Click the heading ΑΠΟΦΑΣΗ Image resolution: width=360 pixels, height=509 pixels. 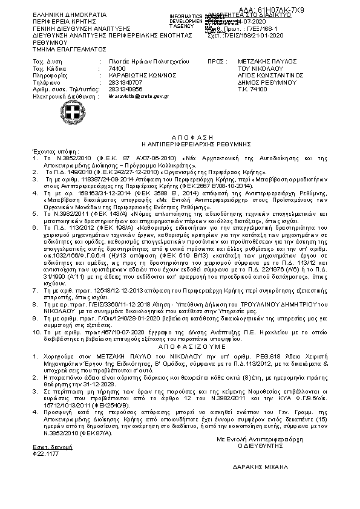coord(180,138)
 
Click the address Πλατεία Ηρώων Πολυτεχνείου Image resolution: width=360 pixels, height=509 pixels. coord(149,62)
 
